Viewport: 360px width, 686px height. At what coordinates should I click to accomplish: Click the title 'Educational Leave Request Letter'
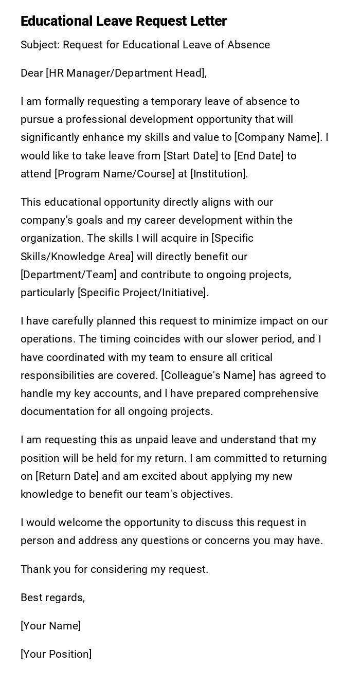(123, 21)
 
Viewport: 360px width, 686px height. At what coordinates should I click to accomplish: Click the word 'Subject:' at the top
(40, 45)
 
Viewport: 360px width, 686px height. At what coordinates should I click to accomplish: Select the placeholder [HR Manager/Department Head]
(126, 73)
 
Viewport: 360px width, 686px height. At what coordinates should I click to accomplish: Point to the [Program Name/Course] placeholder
(115, 174)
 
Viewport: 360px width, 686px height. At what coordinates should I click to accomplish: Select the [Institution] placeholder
(219, 174)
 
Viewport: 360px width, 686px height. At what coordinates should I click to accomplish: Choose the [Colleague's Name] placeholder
(208, 375)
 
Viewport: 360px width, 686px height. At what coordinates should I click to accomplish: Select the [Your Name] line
(51, 626)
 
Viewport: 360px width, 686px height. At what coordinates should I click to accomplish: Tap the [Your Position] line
(56, 654)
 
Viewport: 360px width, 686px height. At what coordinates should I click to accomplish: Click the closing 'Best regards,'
(52, 598)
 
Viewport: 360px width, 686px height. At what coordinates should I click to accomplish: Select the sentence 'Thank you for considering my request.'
(114, 569)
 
